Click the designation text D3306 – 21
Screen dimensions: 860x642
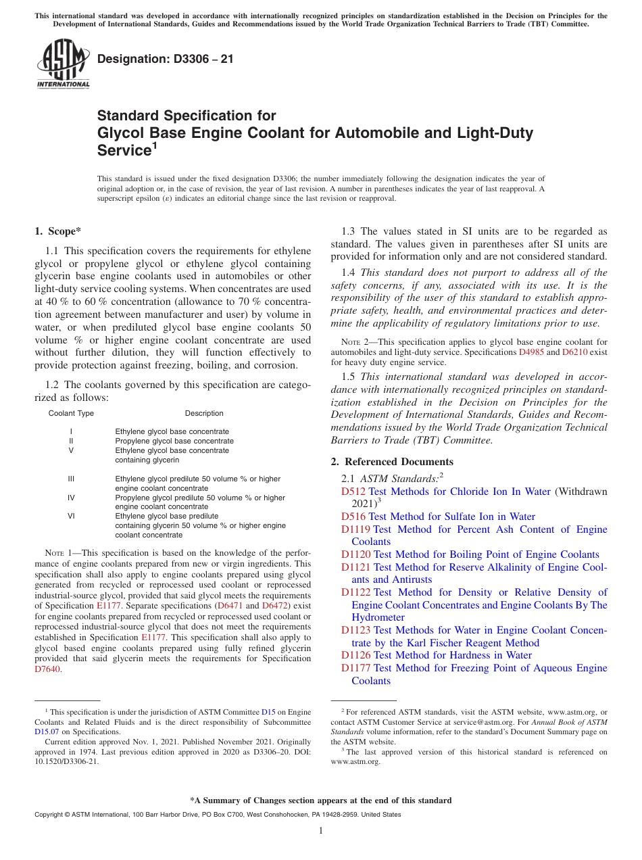point(166,59)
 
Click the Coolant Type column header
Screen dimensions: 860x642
point(71,413)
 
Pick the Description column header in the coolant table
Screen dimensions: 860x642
point(204,413)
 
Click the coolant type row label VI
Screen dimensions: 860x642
point(71,516)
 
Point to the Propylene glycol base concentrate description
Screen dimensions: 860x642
point(174,441)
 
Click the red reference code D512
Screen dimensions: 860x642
point(353,492)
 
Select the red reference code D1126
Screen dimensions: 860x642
point(355,655)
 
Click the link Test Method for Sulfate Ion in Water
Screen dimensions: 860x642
point(451,517)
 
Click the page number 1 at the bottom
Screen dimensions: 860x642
point(321,831)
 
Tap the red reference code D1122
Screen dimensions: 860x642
point(355,592)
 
